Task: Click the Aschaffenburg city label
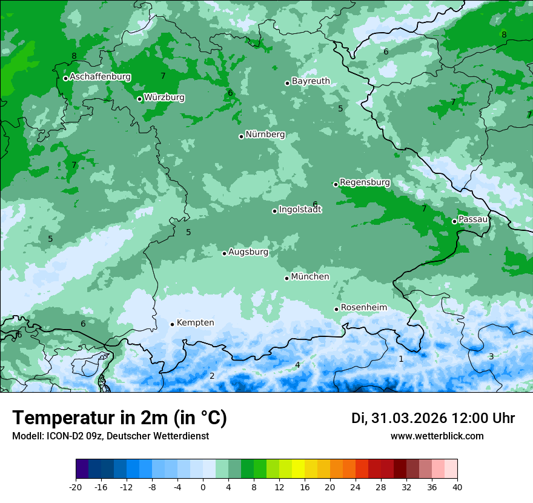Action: pos(100,77)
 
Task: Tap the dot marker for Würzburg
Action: pos(139,99)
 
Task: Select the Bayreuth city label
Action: pos(311,81)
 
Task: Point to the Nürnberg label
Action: pos(265,135)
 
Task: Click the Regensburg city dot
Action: pos(336,184)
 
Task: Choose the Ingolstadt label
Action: pos(300,210)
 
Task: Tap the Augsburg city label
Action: pos(248,252)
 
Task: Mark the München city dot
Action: pos(286,278)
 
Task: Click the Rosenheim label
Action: pos(363,308)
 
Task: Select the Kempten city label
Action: pos(195,323)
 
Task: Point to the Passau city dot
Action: pos(454,221)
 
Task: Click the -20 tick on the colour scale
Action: pos(76,487)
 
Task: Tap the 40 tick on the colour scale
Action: pos(457,487)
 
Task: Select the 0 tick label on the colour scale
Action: pos(203,487)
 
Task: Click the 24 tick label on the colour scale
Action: pos(356,487)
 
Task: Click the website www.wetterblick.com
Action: pos(437,436)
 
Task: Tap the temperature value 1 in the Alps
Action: pos(401,359)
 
